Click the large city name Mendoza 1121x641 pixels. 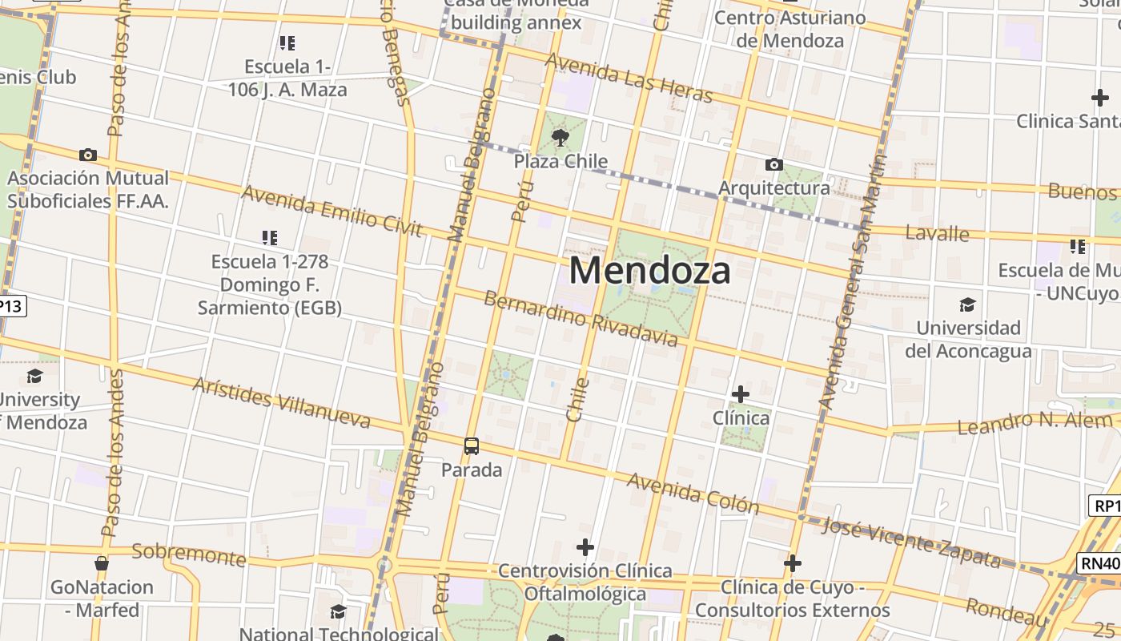point(649,271)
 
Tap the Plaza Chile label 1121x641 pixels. point(560,161)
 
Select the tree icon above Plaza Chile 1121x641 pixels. point(560,136)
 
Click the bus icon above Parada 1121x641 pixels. point(472,446)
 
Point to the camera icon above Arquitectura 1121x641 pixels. point(773,164)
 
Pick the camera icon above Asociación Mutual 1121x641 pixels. point(88,155)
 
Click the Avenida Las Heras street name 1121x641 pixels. point(629,79)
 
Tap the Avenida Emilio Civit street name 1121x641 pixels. point(331,211)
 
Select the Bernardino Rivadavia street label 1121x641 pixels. point(581,319)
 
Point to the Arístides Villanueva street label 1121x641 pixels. point(281,401)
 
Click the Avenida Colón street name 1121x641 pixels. point(693,493)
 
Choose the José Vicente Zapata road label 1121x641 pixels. point(911,542)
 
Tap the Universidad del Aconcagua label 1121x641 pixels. point(968,339)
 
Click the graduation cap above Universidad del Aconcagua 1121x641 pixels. point(967,304)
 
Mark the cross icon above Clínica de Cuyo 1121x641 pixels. point(793,563)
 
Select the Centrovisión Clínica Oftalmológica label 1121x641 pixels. point(585,582)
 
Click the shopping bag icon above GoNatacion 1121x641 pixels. point(102,563)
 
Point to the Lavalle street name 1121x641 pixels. point(937,233)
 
